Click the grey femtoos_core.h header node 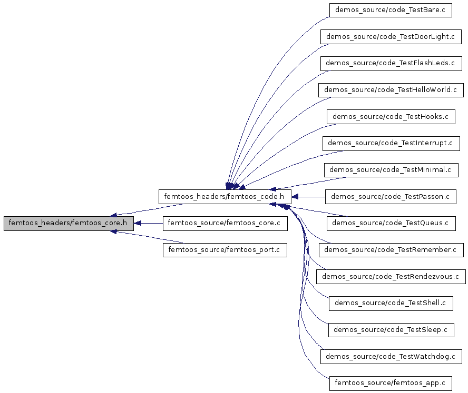69,223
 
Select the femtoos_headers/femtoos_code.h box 225,197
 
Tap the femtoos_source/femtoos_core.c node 225,223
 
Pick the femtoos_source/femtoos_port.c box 225,249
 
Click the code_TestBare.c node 391,10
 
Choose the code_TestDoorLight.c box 391,37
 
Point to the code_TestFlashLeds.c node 391,63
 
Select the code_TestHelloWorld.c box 391,90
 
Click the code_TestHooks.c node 391,117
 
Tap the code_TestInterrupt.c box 391,143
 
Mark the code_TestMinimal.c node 391,170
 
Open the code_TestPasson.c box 391,197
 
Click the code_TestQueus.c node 391,223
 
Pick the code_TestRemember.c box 391,250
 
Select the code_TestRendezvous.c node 391,276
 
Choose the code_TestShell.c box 391,303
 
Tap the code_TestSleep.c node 391,330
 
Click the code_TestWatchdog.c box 391,356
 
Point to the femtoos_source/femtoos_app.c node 391,383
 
